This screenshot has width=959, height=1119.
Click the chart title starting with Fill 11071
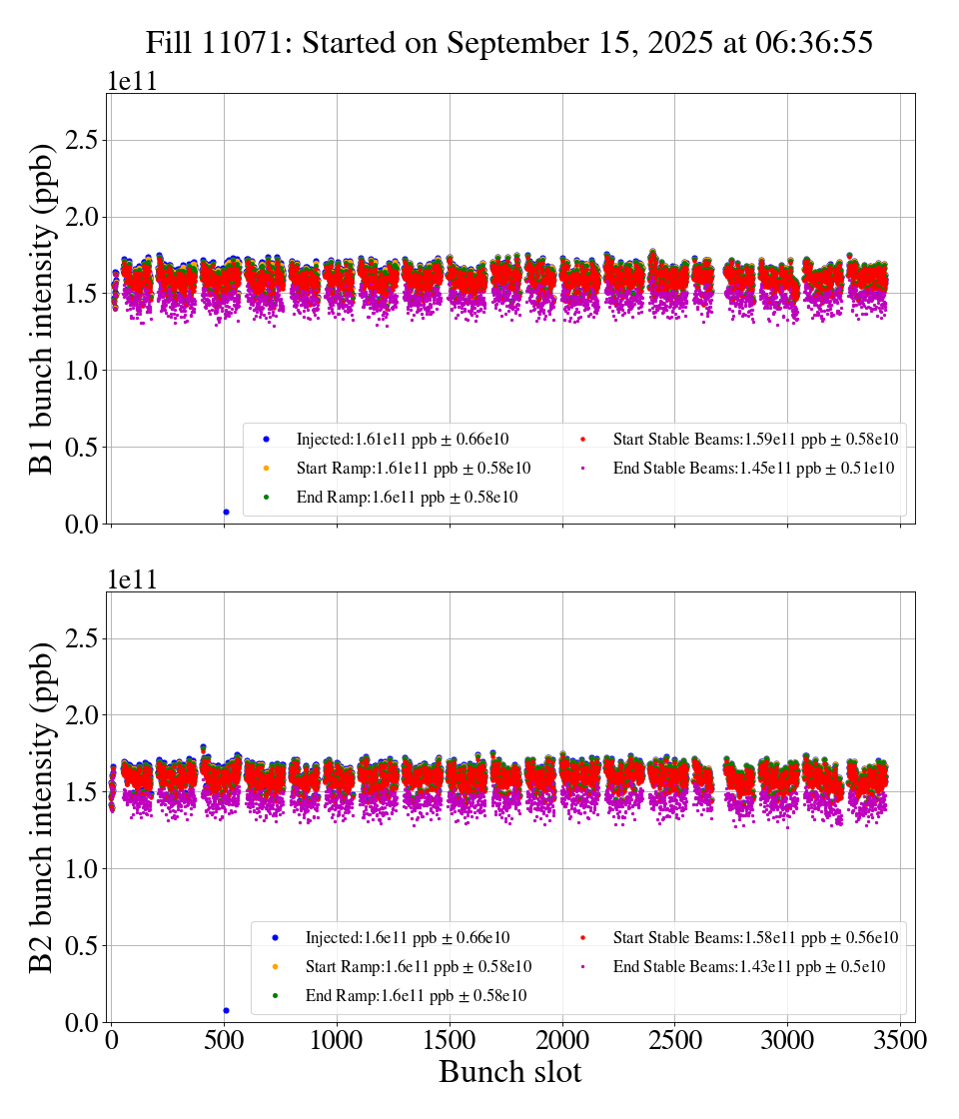coord(509,42)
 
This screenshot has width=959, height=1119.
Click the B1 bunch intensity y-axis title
coord(42,308)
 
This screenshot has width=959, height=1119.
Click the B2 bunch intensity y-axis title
coord(42,806)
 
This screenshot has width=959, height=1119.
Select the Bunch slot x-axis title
coord(509,1072)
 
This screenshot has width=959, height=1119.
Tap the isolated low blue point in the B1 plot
coord(226,512)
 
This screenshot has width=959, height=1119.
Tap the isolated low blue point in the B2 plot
coord(226,1010)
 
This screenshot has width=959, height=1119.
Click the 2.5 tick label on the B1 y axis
coord(86,140)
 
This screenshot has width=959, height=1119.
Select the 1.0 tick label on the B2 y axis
coord(86,869)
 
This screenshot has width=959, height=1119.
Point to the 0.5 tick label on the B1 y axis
coord(86,448)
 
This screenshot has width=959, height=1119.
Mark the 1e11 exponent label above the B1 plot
coord(132,82)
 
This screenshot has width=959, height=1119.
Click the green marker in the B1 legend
coord(267,497)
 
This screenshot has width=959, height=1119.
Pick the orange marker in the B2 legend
coord(275,967)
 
